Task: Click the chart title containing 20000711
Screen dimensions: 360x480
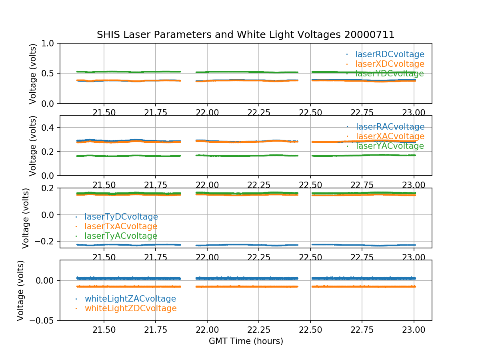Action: [x=246, y=35]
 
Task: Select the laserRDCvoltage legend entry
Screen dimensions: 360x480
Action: [x=390, y=54]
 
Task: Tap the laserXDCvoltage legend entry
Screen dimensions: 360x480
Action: [x=390, y=64]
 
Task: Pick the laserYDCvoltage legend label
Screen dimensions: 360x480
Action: [x=389, y=74]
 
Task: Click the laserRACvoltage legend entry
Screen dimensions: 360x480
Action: [x=390, y=127]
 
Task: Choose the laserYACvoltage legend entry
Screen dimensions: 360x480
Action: [x=389, y=146]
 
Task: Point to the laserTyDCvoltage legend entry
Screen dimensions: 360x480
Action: [x=121, y=217]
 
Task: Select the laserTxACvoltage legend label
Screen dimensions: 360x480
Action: [x=121, y=226]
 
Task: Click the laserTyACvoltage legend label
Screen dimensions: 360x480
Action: [x=120, y=236]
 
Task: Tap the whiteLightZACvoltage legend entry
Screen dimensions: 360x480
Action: [x=130, y=299]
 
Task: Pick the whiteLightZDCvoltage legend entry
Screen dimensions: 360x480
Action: [x=130, y=308]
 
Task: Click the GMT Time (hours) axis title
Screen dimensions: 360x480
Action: [x=246, y=341]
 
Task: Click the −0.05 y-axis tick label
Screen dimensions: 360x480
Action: [x=44, y=320]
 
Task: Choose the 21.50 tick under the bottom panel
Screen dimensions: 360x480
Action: [x=104, y=330]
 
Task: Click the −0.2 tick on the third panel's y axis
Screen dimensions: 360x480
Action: [x=47, y=242]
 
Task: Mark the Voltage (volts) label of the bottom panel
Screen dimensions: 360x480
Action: [x=21, y=290]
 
